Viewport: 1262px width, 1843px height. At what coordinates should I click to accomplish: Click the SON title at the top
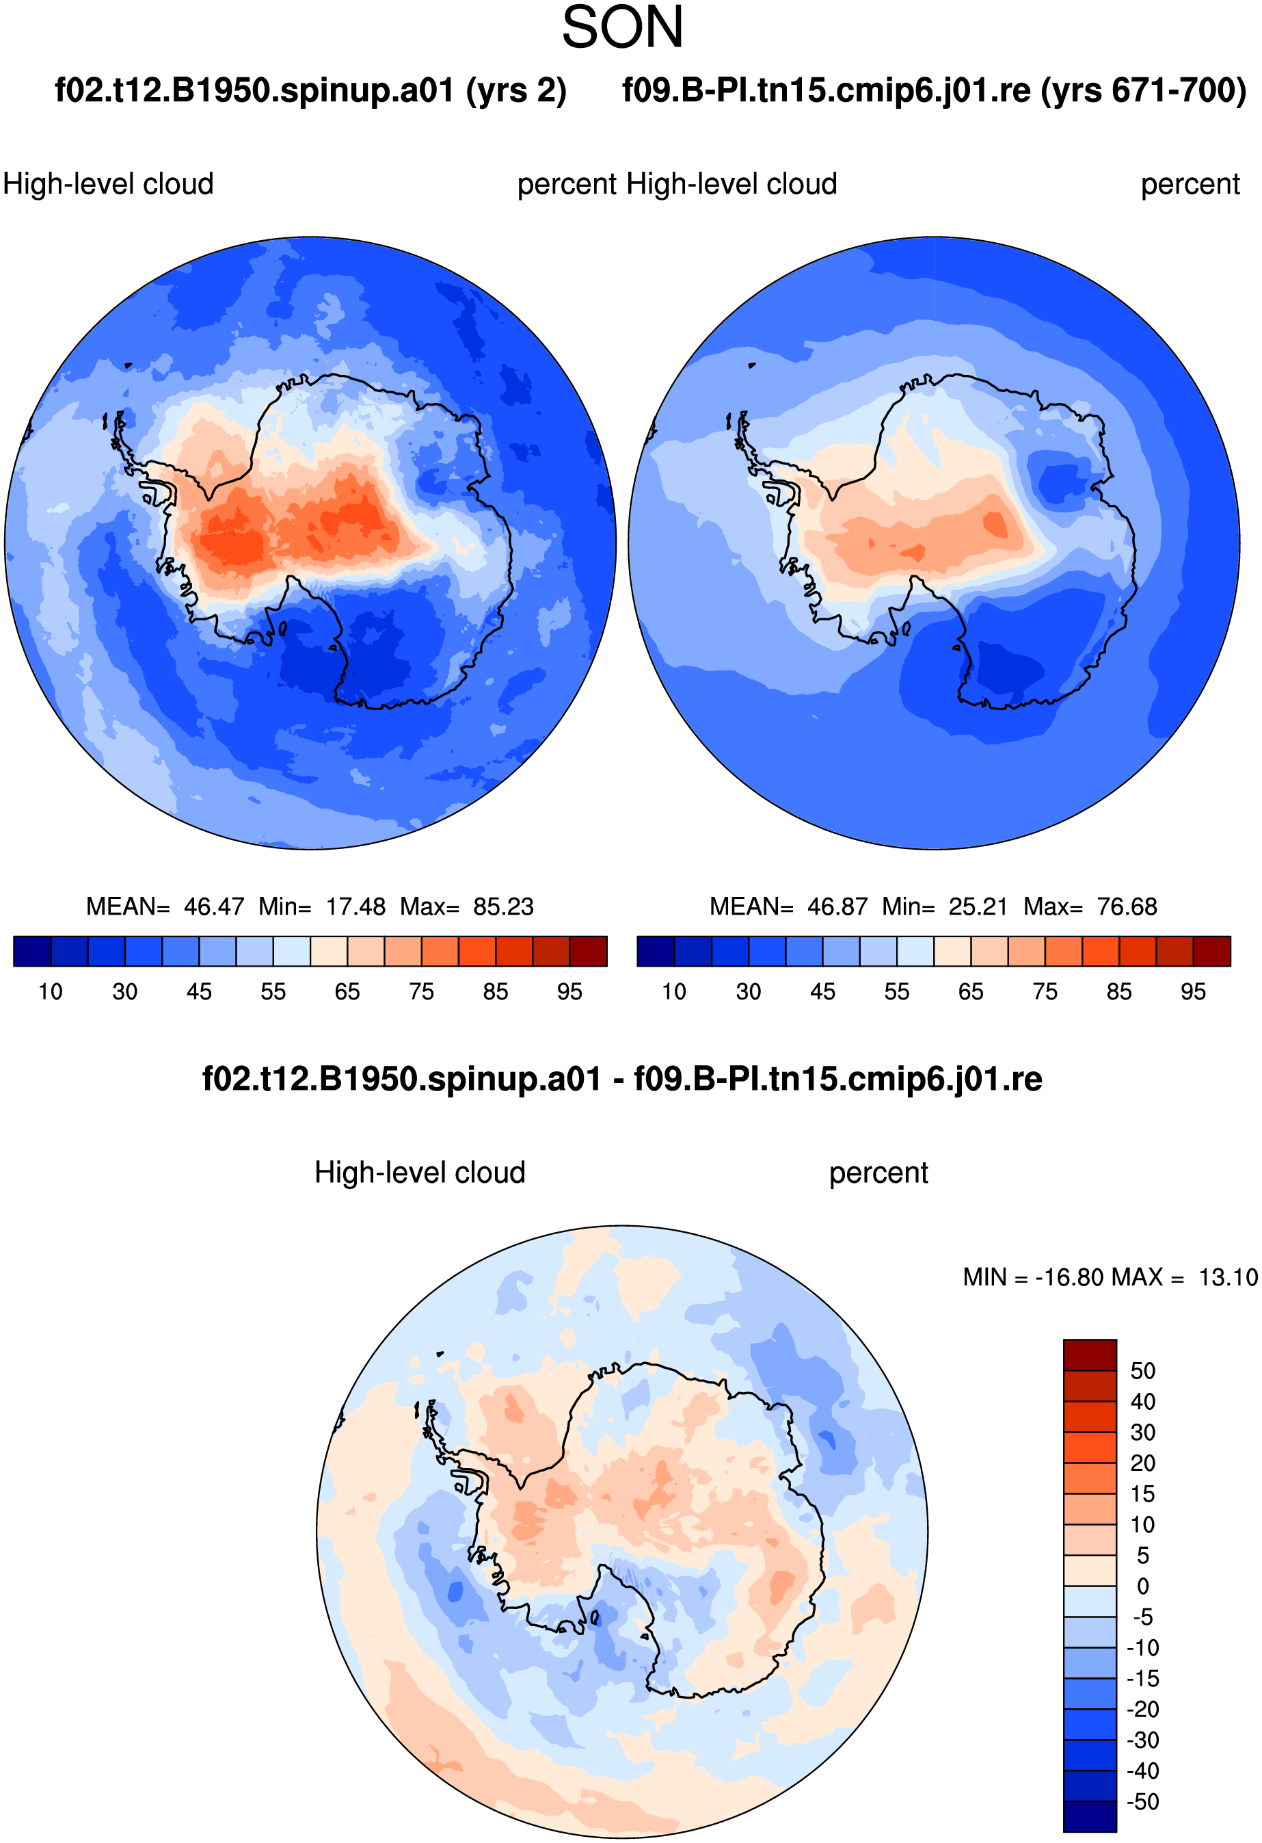pos(622,28)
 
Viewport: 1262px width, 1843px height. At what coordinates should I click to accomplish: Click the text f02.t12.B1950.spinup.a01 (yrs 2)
pos(311,91)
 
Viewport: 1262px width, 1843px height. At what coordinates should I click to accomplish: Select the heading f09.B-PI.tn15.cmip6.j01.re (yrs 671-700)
pos(934,91)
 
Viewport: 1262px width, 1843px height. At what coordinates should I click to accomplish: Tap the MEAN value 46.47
pos(214,906)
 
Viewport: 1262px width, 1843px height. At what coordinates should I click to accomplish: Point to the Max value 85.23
pos(503,906)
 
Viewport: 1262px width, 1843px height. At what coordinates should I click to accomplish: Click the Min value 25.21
pos(978,906)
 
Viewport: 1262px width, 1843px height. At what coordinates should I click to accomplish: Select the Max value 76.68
pos(1127,906)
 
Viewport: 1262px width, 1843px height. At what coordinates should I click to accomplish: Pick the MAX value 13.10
pos(1228,1277)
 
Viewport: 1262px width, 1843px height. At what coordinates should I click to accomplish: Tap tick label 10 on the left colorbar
pos(51,992)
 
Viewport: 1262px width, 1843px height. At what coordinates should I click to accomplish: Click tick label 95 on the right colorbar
pos(1193,992)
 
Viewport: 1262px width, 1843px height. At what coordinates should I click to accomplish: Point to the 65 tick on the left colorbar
pos(347,992)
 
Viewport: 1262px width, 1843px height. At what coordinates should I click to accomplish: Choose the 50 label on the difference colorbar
pos(1143,1371)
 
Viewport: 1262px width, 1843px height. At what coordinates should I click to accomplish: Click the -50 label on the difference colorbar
pos(1143,1802)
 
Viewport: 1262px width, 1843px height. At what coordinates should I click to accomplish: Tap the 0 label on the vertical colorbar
pos(1143,1586)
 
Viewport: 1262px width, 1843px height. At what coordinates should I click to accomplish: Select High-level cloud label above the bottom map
pos(420,1173)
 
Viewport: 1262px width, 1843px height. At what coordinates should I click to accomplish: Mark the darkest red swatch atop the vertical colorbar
pos(1090,1355)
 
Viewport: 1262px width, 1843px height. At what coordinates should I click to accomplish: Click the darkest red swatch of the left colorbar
pos(588,951)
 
